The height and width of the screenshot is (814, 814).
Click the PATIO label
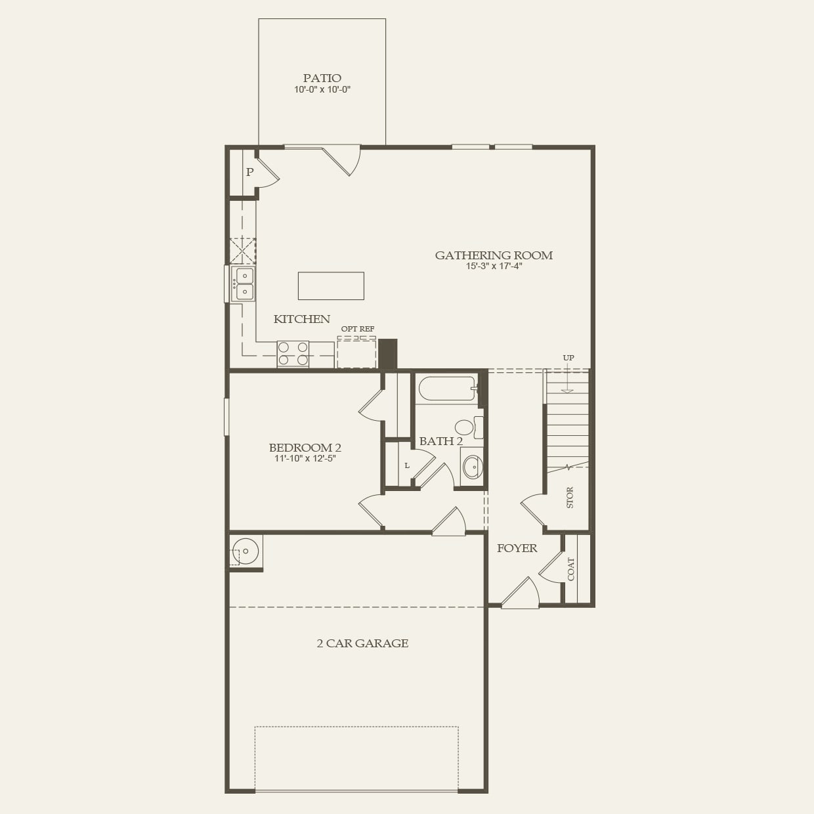click(322, 78)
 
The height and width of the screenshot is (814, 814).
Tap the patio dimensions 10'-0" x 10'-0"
click(322, 90)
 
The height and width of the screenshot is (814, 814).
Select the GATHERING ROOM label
click(494, 255)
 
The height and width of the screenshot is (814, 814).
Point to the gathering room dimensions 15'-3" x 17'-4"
click(494, 267)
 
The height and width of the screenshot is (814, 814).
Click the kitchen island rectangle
click(331, 286)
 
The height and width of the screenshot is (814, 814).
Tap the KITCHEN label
click(301, 319)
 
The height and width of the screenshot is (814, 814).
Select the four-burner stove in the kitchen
click(293, 354)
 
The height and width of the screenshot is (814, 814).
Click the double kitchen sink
click(244, 284)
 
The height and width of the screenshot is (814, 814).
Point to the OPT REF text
click(357, 329)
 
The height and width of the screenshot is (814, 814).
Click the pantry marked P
click(249, 173)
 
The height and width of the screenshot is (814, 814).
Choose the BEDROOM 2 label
click(305, 448)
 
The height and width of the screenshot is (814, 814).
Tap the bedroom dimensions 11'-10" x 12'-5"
click(305, 459)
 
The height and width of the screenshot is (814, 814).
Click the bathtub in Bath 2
click(446, 389)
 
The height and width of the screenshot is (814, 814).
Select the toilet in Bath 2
click(466, 427)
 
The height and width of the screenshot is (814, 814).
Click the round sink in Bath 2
click(471, 467)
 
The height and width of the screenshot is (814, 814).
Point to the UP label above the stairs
click(568, 358)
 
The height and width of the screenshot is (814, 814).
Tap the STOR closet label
click(569, 498)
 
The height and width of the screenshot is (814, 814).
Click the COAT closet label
click(570, 568)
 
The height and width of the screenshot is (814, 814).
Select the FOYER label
click(517, 548)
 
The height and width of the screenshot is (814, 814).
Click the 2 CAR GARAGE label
click(362, 643)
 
